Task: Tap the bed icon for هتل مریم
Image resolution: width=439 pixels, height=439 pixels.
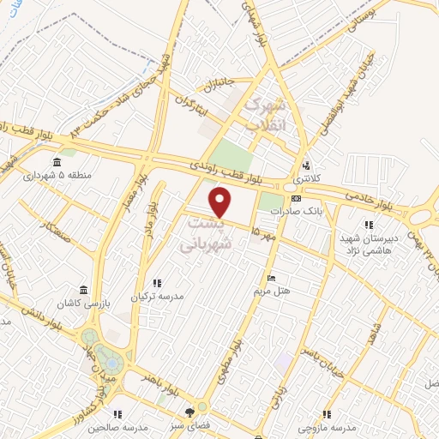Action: coord(272,278)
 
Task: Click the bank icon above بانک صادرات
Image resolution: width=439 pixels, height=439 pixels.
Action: coord(296,198)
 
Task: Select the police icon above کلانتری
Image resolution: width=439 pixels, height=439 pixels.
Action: coord(305,166)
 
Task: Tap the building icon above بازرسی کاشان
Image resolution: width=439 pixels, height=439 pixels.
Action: coord(82,290)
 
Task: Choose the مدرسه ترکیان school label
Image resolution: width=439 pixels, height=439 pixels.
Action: coord(157,296)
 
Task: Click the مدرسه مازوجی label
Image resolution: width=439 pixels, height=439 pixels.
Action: coord(332,426)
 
